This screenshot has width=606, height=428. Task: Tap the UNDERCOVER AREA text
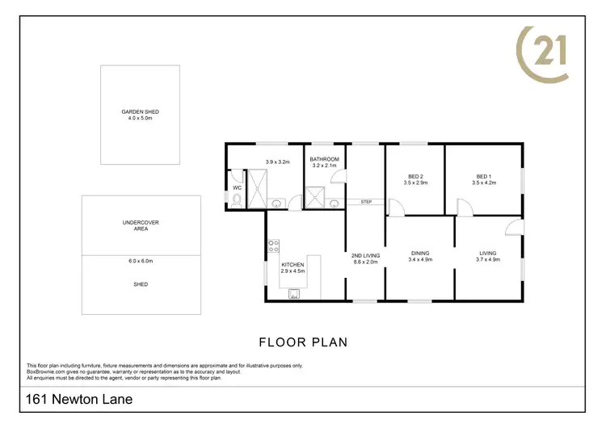tap(141, 224)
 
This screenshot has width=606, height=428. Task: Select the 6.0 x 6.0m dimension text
tap(141, 261)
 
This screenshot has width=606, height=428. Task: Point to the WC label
tap(237, 187)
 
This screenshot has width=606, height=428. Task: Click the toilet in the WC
tap(236, 198)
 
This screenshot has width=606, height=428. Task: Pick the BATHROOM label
tap(325, 160)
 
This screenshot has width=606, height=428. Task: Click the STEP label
tap(366, 202)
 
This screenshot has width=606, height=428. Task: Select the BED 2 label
tap(415, 177)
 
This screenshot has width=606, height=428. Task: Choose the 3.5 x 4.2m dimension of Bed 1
tap(484, 183)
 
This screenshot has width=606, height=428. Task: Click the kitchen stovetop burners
tap(273, 245)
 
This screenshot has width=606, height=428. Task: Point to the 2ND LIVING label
tap(365, 255)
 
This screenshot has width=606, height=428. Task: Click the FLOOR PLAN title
tap(303, 342)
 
